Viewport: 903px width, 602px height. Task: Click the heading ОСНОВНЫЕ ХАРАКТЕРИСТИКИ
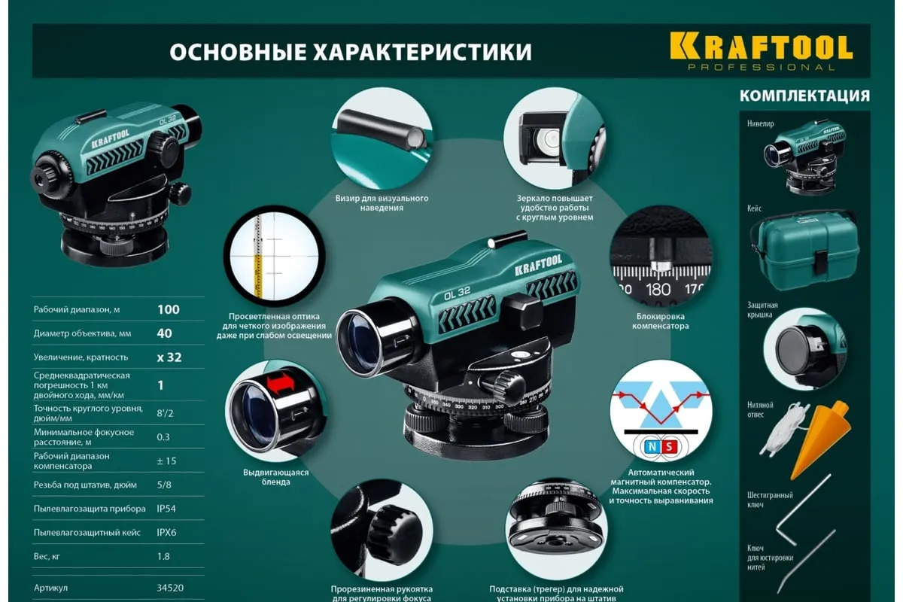pos(351,52)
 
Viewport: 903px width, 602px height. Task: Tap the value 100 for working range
pos(169,310)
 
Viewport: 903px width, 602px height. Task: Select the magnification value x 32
pos(169,357)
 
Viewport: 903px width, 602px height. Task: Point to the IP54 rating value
pos(166,509)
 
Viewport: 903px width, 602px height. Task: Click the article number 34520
pos(170,588)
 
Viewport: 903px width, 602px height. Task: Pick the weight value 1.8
pos(163,556)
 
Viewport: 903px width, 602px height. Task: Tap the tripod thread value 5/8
pos(164,485)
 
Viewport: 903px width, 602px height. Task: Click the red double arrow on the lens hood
pos(281,383)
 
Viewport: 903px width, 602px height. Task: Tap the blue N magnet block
pos(652,447)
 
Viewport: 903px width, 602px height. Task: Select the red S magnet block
pos(669,447)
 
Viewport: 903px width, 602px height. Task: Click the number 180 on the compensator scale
pos(658,290)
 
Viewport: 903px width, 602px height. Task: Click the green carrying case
pos(804,251)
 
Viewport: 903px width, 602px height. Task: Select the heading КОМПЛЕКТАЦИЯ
pos(804,96)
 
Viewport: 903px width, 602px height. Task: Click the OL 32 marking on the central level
pos(457,294)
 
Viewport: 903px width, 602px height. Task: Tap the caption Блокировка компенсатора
pos(661,321)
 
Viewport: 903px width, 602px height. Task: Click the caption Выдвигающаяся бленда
pos(275,477)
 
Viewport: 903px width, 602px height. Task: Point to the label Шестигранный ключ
pos(770,500)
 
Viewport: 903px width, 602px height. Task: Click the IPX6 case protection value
pos(166,532)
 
